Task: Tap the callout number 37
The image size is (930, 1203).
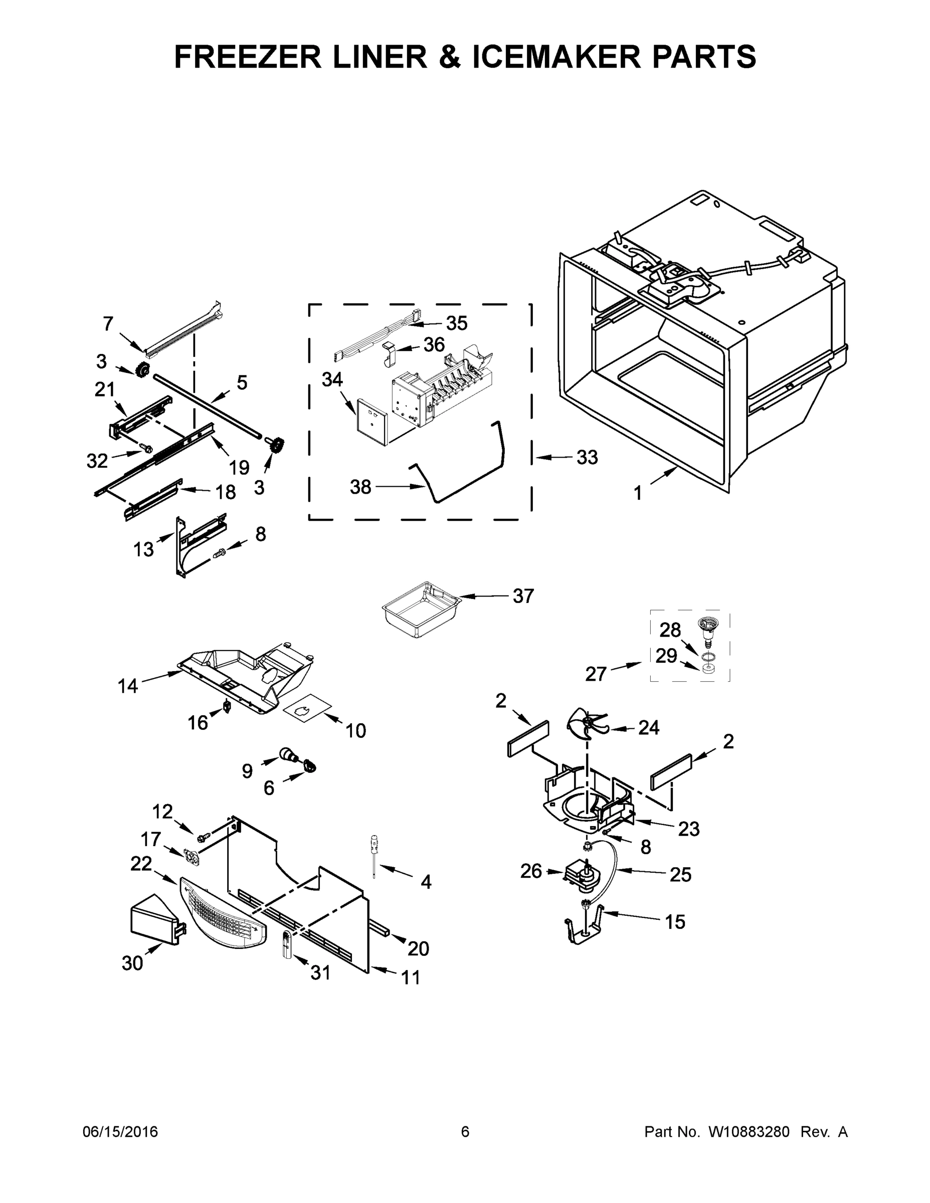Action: pos(523,596)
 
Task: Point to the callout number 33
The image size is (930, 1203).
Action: pos(587,457)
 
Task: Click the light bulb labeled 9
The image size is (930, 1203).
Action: pos(288,754)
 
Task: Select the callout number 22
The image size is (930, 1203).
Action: pos(141,863)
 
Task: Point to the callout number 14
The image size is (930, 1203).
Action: pos(128,686)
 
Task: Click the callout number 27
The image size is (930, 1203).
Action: pos(596,673)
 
